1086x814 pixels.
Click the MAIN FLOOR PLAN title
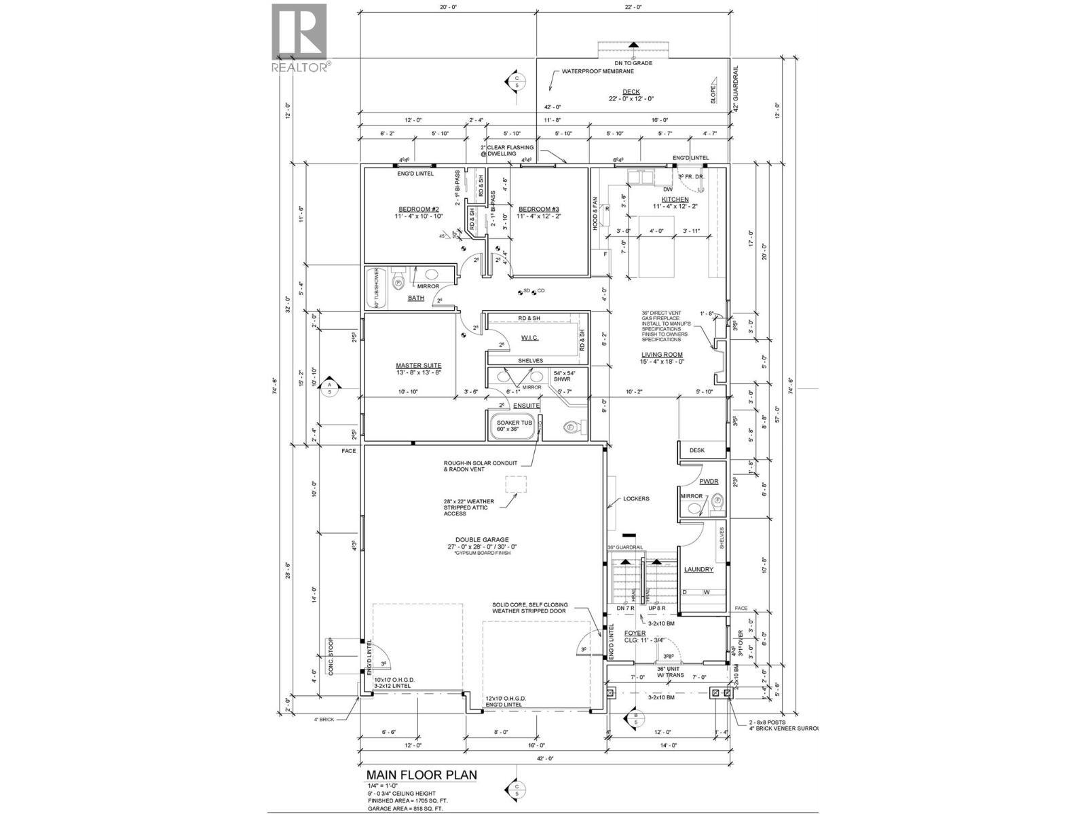(x=422, y=775)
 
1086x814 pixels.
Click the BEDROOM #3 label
(x=538, y=209)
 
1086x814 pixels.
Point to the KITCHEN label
(x=670, y=199)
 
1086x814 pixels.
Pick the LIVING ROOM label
(x=662, y=354)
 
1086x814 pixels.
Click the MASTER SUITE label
(x=419, y=365)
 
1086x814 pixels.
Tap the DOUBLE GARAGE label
(x=482, y=539)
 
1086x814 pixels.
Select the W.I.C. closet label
(x=529, y=337)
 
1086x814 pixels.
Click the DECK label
(x=631, y=92)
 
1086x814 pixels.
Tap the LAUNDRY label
(x=698, y=570)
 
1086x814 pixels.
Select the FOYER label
(x=635, y=634)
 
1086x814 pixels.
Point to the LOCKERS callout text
(x=636, y=499)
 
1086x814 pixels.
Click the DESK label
(x=696, y=450)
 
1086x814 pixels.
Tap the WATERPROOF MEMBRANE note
(x=597, y=71)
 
